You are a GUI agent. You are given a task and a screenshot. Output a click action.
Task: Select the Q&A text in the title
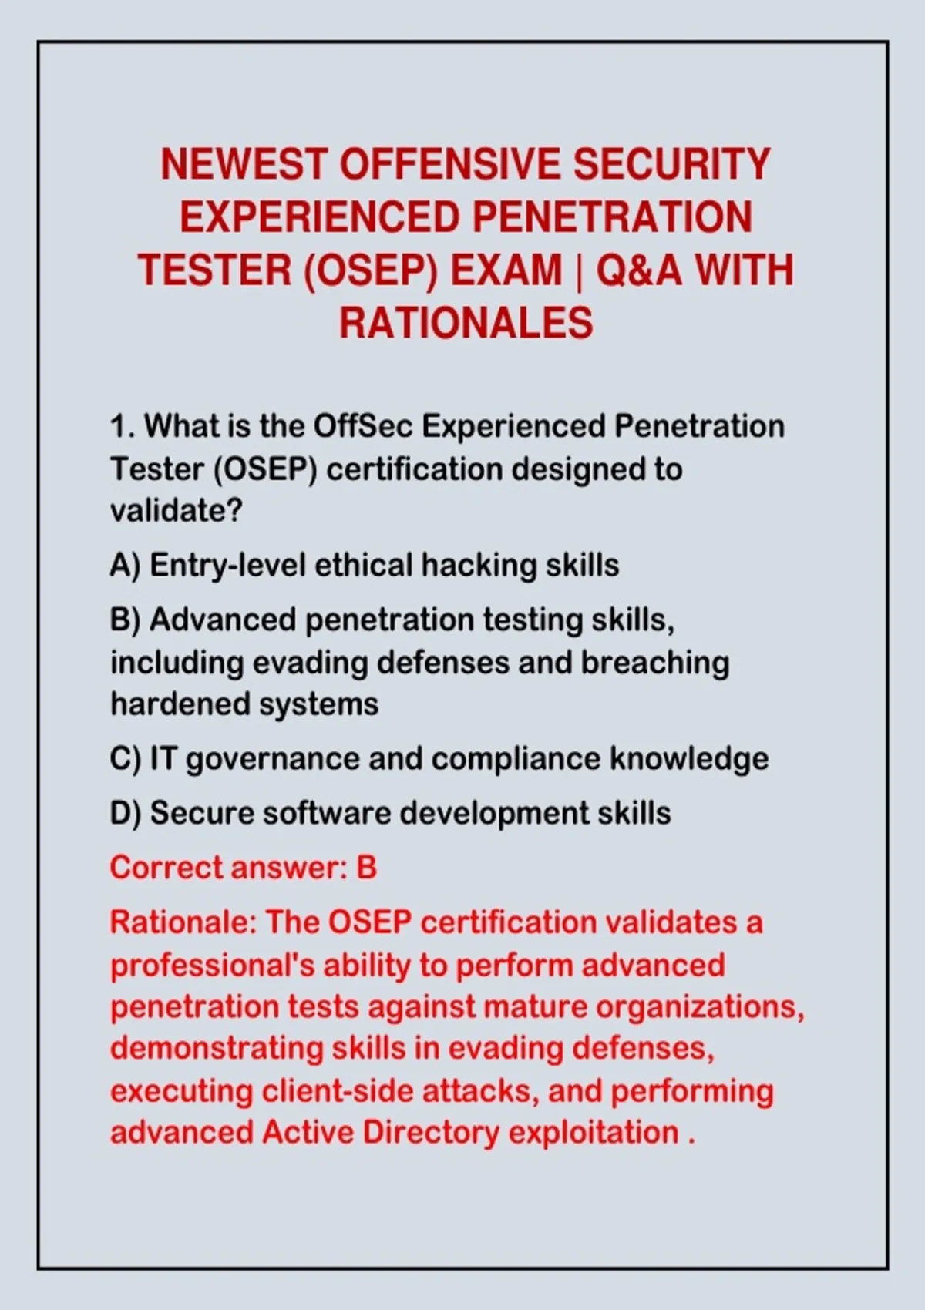[x=640, y=270]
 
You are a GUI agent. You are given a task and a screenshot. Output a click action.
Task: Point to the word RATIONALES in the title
[x=466, y=324]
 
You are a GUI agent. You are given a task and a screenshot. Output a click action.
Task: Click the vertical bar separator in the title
[x=579, y=271]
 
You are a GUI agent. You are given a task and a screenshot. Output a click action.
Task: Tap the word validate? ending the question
[x=176, y=511]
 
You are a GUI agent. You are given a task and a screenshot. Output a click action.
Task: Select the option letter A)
[x=125, y=566]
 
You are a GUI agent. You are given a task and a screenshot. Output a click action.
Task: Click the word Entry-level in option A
[x=228, y=566]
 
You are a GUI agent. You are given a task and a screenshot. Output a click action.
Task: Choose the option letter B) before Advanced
[x=125, y=620]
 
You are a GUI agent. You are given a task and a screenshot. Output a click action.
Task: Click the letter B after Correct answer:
[x=367, y=868]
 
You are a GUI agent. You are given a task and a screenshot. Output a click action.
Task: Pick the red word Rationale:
[x=183, y=922]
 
